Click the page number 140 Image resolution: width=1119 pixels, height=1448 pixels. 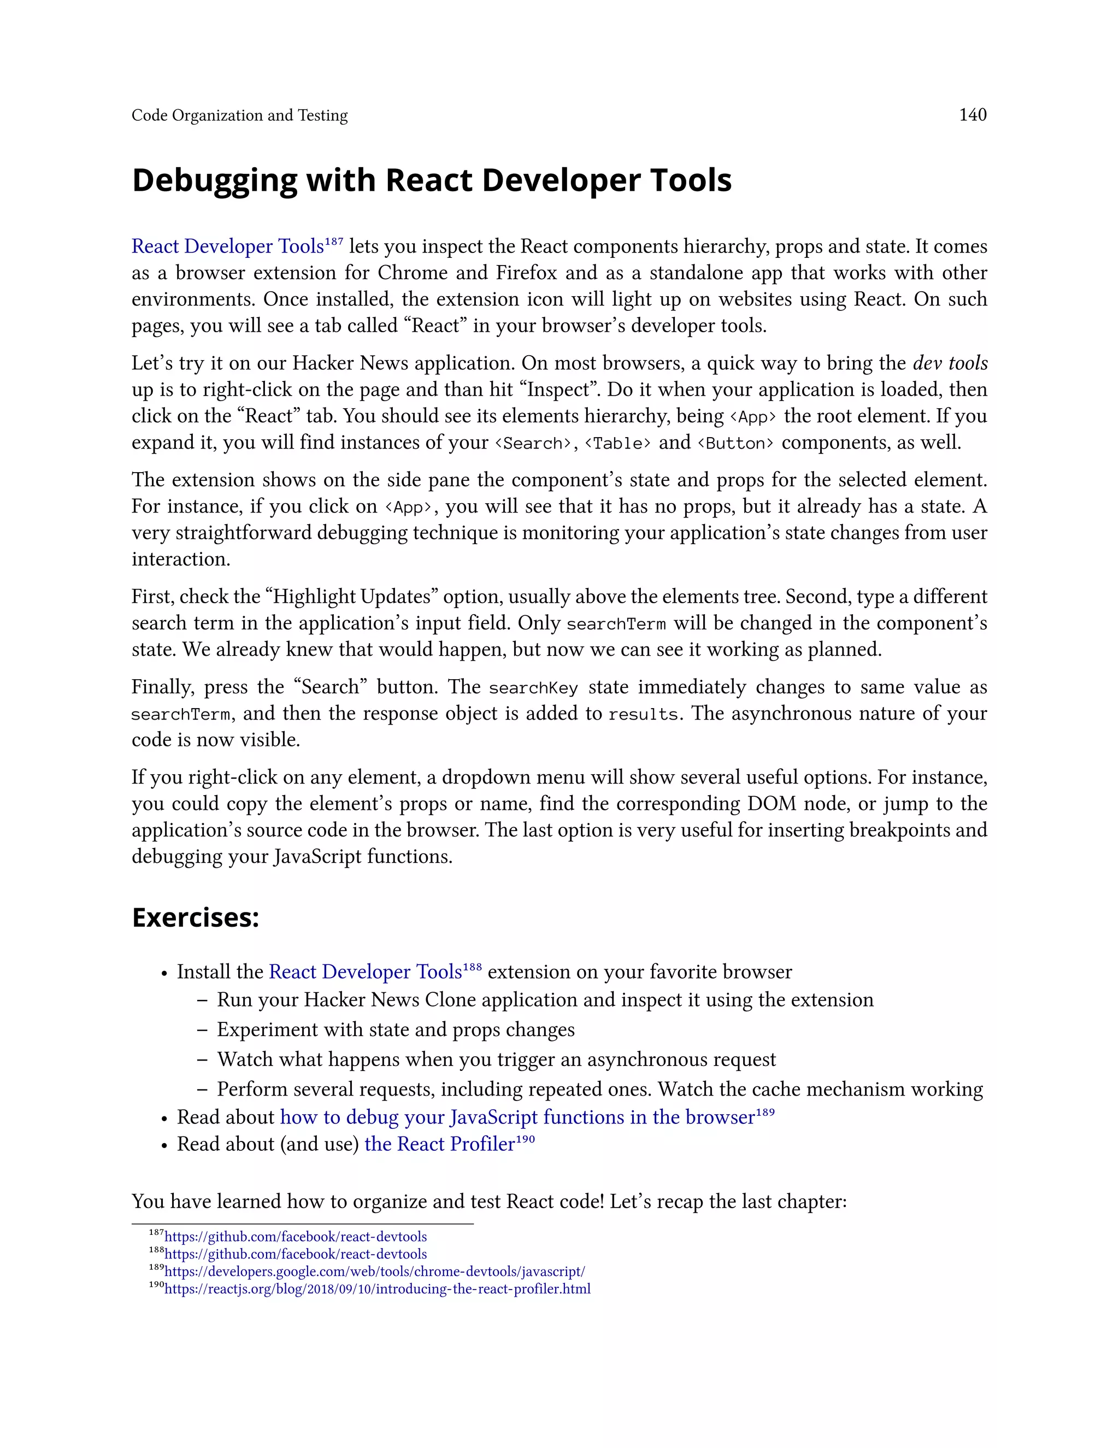973,115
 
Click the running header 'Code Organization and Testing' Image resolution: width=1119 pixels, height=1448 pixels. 239,115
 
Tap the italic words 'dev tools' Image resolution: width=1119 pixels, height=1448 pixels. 950,363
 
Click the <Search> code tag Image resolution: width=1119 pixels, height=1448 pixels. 533,443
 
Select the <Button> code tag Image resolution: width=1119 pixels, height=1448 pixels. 735,443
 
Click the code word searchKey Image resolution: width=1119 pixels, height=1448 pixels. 533,687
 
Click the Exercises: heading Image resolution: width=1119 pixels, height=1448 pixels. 196,917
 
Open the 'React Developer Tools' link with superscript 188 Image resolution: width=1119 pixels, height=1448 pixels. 366,972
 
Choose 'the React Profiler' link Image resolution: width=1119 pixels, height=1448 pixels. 439,1144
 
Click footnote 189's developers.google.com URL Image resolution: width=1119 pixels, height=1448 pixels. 374,1272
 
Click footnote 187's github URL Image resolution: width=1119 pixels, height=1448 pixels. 296,1237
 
